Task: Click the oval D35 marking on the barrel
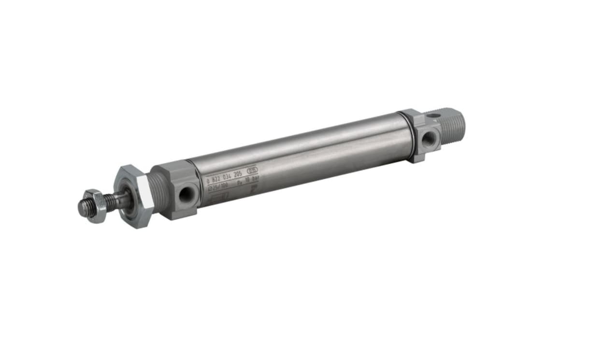252,171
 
